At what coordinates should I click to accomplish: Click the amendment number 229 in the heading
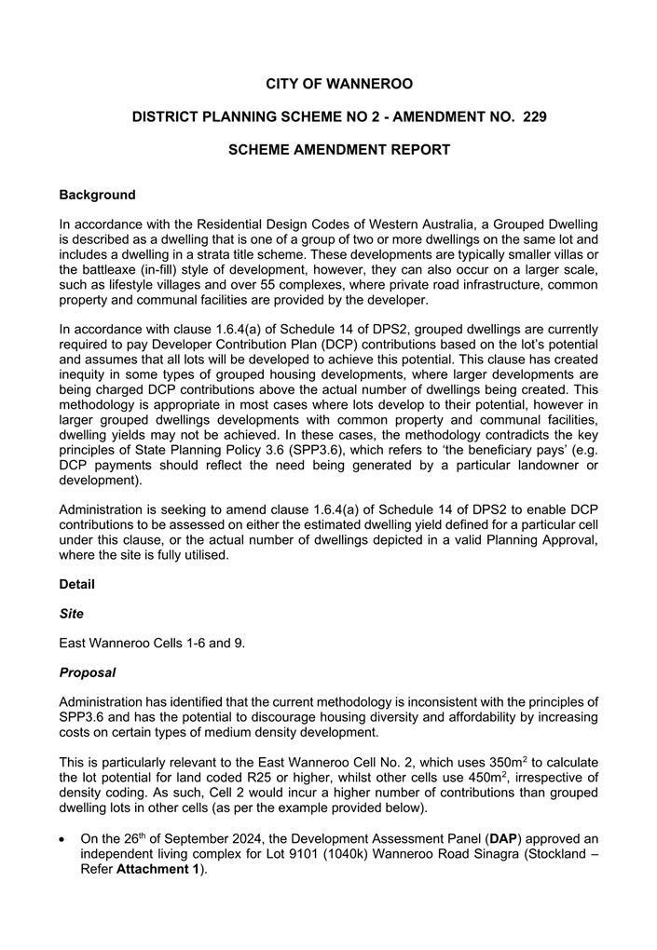529,117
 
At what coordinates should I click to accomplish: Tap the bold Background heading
97,196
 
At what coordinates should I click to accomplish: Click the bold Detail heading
76,584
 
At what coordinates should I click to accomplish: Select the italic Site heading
71,615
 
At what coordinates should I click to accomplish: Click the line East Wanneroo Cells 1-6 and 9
152,644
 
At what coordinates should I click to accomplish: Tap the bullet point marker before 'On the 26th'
63,840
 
